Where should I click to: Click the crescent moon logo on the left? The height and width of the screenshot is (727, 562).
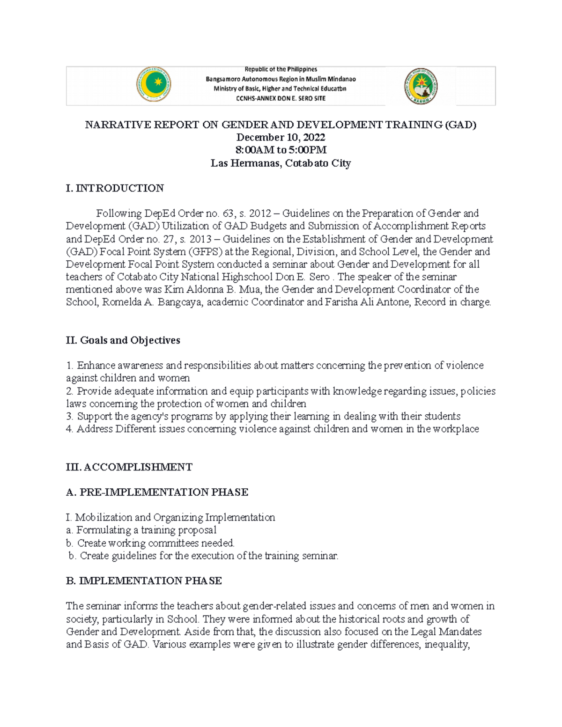click(154, 85)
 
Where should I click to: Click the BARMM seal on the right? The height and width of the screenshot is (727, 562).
click(421, 86)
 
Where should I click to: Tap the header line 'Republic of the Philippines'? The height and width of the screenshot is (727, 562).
click(281, 69)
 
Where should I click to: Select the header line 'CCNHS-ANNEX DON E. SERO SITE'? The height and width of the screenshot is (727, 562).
click(281, 98)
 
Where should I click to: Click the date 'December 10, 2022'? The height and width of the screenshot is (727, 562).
click(281, 137)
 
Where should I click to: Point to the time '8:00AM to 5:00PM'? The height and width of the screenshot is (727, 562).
click(281, 150)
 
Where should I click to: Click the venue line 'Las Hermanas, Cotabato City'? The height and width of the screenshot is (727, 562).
click(281, 163)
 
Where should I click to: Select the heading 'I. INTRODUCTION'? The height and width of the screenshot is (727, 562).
click(115, 188)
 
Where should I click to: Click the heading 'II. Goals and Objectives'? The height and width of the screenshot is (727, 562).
click(123, 340)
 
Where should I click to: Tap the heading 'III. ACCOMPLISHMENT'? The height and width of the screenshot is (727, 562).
click(129, 467)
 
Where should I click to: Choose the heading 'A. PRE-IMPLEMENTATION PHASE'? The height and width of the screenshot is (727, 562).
click(157, 492)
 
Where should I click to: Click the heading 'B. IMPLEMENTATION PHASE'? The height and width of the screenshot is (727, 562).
click(144, 581)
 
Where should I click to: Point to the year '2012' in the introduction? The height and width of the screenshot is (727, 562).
click(260, 213)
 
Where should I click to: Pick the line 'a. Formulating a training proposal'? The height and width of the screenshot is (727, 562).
click(141, 530)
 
